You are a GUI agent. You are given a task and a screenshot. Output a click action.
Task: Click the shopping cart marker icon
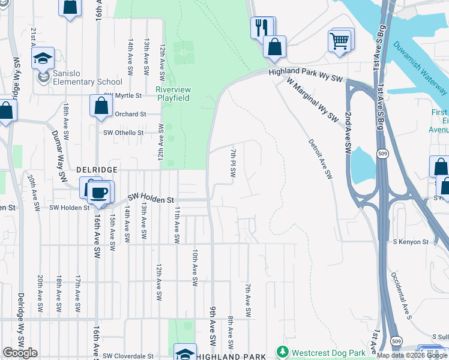coord(339,41)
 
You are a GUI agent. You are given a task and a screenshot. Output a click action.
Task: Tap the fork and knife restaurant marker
coord(261,27)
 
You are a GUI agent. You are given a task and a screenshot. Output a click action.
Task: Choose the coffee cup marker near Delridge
coord(99,193)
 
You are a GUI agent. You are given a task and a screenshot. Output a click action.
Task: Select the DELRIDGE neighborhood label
coord(96,170)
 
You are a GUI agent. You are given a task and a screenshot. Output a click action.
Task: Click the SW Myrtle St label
coord(122,95)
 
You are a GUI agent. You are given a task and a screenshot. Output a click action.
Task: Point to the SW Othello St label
coord(124,133)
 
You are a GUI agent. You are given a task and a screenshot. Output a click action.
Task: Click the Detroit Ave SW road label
coord(320,159)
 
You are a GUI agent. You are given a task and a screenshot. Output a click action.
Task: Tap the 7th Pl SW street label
coord(233,163)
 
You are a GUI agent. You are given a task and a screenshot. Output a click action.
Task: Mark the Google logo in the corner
coord(20,352)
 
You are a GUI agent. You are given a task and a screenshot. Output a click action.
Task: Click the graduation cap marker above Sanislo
coord(43,58)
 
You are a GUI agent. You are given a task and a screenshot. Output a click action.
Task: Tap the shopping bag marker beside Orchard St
coord(101,106)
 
